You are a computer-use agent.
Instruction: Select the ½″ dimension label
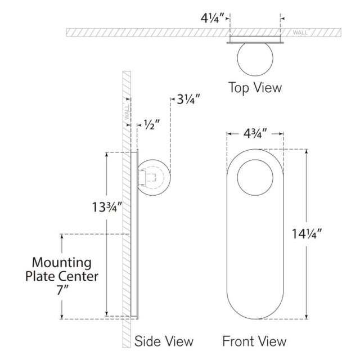pyautogui.click(x=152, y=124)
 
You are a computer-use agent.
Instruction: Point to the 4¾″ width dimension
pyautogui.click(x=255, y=134)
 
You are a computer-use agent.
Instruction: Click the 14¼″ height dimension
pyautogui.click(x=307, y=234)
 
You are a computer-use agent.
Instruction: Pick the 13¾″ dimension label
pyautogui.click(x=106, y=207)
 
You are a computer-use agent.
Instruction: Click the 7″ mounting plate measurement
pyautogui.click(x=61, y=290)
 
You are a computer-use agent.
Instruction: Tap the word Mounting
pyautogui.click(x=62, y=263)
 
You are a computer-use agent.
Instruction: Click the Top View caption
pyautogui.click(x=255, y=88)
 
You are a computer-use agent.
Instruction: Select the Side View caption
pyautogui.click(x=164, y=341)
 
